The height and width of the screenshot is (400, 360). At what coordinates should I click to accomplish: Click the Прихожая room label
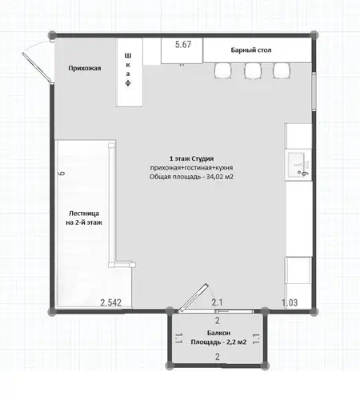pos(85,68)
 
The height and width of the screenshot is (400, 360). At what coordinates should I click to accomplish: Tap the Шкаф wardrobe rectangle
pos(130,72)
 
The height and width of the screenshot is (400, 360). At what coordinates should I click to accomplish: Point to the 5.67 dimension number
pos(183,45)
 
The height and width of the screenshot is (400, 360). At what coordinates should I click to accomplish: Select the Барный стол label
pos(251,50)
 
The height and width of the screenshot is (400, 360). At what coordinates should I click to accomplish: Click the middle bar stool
pos(253,71)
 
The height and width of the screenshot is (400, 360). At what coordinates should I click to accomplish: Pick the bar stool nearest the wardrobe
pos(223,71)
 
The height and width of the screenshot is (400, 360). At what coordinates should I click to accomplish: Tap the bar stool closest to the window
pos(282,71)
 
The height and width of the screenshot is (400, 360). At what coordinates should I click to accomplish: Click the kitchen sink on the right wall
pos(298,165)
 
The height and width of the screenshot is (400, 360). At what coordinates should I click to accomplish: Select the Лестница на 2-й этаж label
pos(84,218)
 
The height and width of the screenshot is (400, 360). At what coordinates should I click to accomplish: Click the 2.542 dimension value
pos(111,302)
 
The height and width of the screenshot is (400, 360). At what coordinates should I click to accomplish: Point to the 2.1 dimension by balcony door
pos(217,302)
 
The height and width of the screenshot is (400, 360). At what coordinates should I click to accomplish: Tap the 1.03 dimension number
pos(290,302)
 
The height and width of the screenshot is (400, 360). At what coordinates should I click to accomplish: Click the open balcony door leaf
pos(193,298)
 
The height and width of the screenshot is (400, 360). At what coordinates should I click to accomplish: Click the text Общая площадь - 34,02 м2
pos(191,177)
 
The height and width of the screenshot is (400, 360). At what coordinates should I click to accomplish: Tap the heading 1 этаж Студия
pos(191,158)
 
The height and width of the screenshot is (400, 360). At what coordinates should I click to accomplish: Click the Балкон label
pos(218,333)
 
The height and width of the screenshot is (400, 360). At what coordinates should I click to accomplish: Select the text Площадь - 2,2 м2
pos(218,342)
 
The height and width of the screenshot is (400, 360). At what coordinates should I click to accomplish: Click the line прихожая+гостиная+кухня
pos(191,168)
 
